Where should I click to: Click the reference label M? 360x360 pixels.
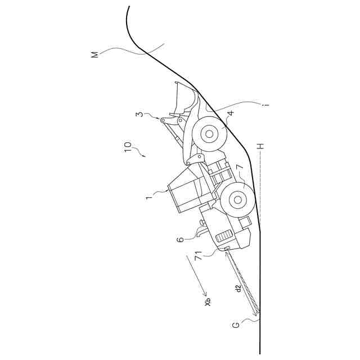pyautogui.click(x=94, y=55)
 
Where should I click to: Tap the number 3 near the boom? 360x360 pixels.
pyautogui.click(x=139, y=115)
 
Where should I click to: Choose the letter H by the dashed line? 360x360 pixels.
pyautogui.click(x=260, y=148)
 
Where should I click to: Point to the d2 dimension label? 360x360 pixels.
pyautogui.click(x=238, y=289)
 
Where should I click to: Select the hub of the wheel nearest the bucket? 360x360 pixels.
pyautogui.click(x=209, y=134)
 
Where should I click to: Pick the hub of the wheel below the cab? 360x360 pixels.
pyautogui.click(x=237, y=199)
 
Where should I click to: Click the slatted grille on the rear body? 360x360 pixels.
pyautogui.click(x=225, y=237)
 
